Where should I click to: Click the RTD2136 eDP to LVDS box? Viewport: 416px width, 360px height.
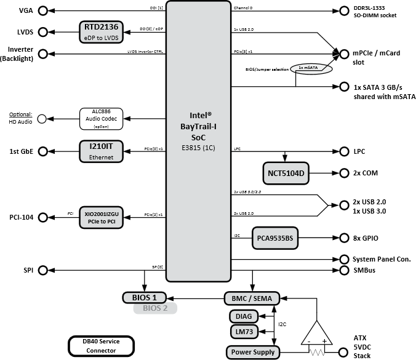[102, 32]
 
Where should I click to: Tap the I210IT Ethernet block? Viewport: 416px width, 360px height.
[102, 151]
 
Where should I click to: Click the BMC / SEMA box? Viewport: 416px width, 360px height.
[252, 298]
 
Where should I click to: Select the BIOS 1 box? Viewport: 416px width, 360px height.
[148, 298]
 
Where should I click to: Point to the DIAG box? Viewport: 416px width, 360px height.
[243, 317]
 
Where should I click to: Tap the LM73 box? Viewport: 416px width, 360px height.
[243, 333]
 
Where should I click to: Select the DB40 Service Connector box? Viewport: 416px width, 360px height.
[100, 346]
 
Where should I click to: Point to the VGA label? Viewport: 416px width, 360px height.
[26, 11]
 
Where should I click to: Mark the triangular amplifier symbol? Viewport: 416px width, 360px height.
[318, 334]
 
